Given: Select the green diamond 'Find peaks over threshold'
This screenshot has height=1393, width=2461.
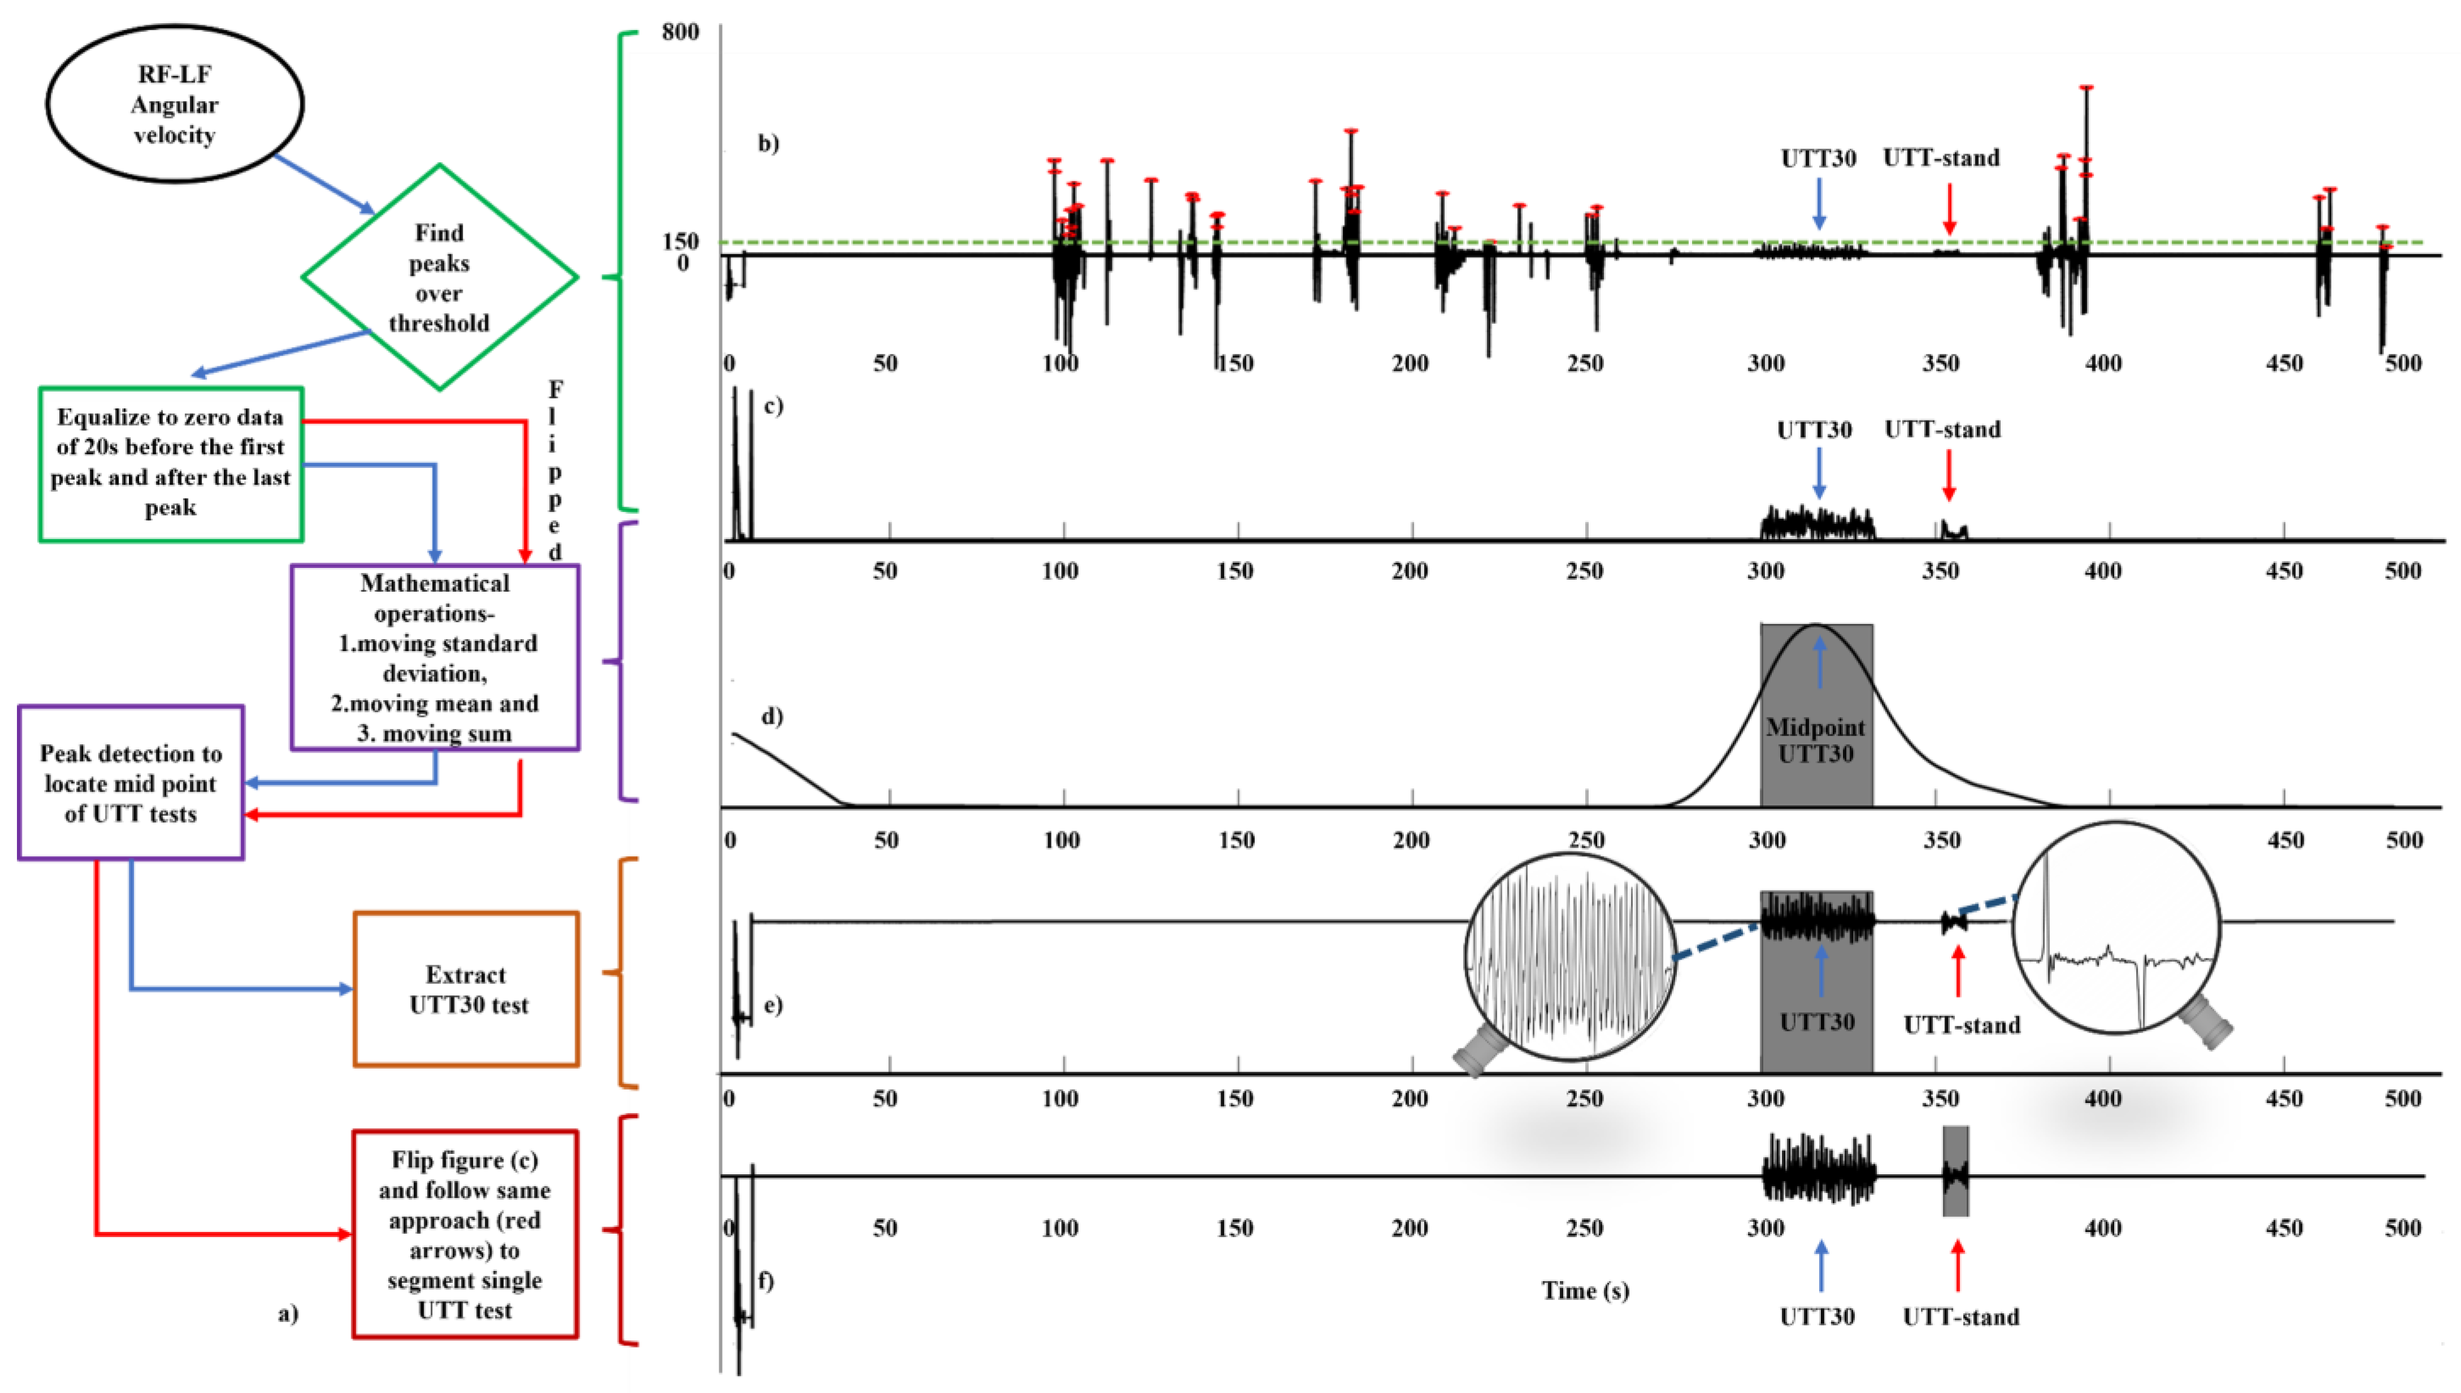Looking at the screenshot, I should coord(439,277).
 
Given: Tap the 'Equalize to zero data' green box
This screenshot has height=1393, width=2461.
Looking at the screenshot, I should coord(170,463).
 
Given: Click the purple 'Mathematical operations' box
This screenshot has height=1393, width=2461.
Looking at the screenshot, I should coord(434,657).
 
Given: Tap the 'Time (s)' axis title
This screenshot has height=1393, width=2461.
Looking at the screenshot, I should coord(1585,1291).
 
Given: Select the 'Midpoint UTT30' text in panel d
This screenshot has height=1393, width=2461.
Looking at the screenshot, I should coord(1815,740).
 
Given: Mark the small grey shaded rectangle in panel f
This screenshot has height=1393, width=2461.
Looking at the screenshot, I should coord(1955,1170).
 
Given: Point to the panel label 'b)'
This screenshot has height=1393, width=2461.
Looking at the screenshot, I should coord(768,144).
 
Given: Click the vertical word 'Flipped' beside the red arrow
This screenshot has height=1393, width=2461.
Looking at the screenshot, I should coord(555,471).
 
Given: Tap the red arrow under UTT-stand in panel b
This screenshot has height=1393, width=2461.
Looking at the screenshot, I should coord(1949,207).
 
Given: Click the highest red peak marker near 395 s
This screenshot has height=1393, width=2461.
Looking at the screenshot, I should coord(2086,87).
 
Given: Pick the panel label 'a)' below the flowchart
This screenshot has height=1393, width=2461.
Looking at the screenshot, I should coord(288,1313).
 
